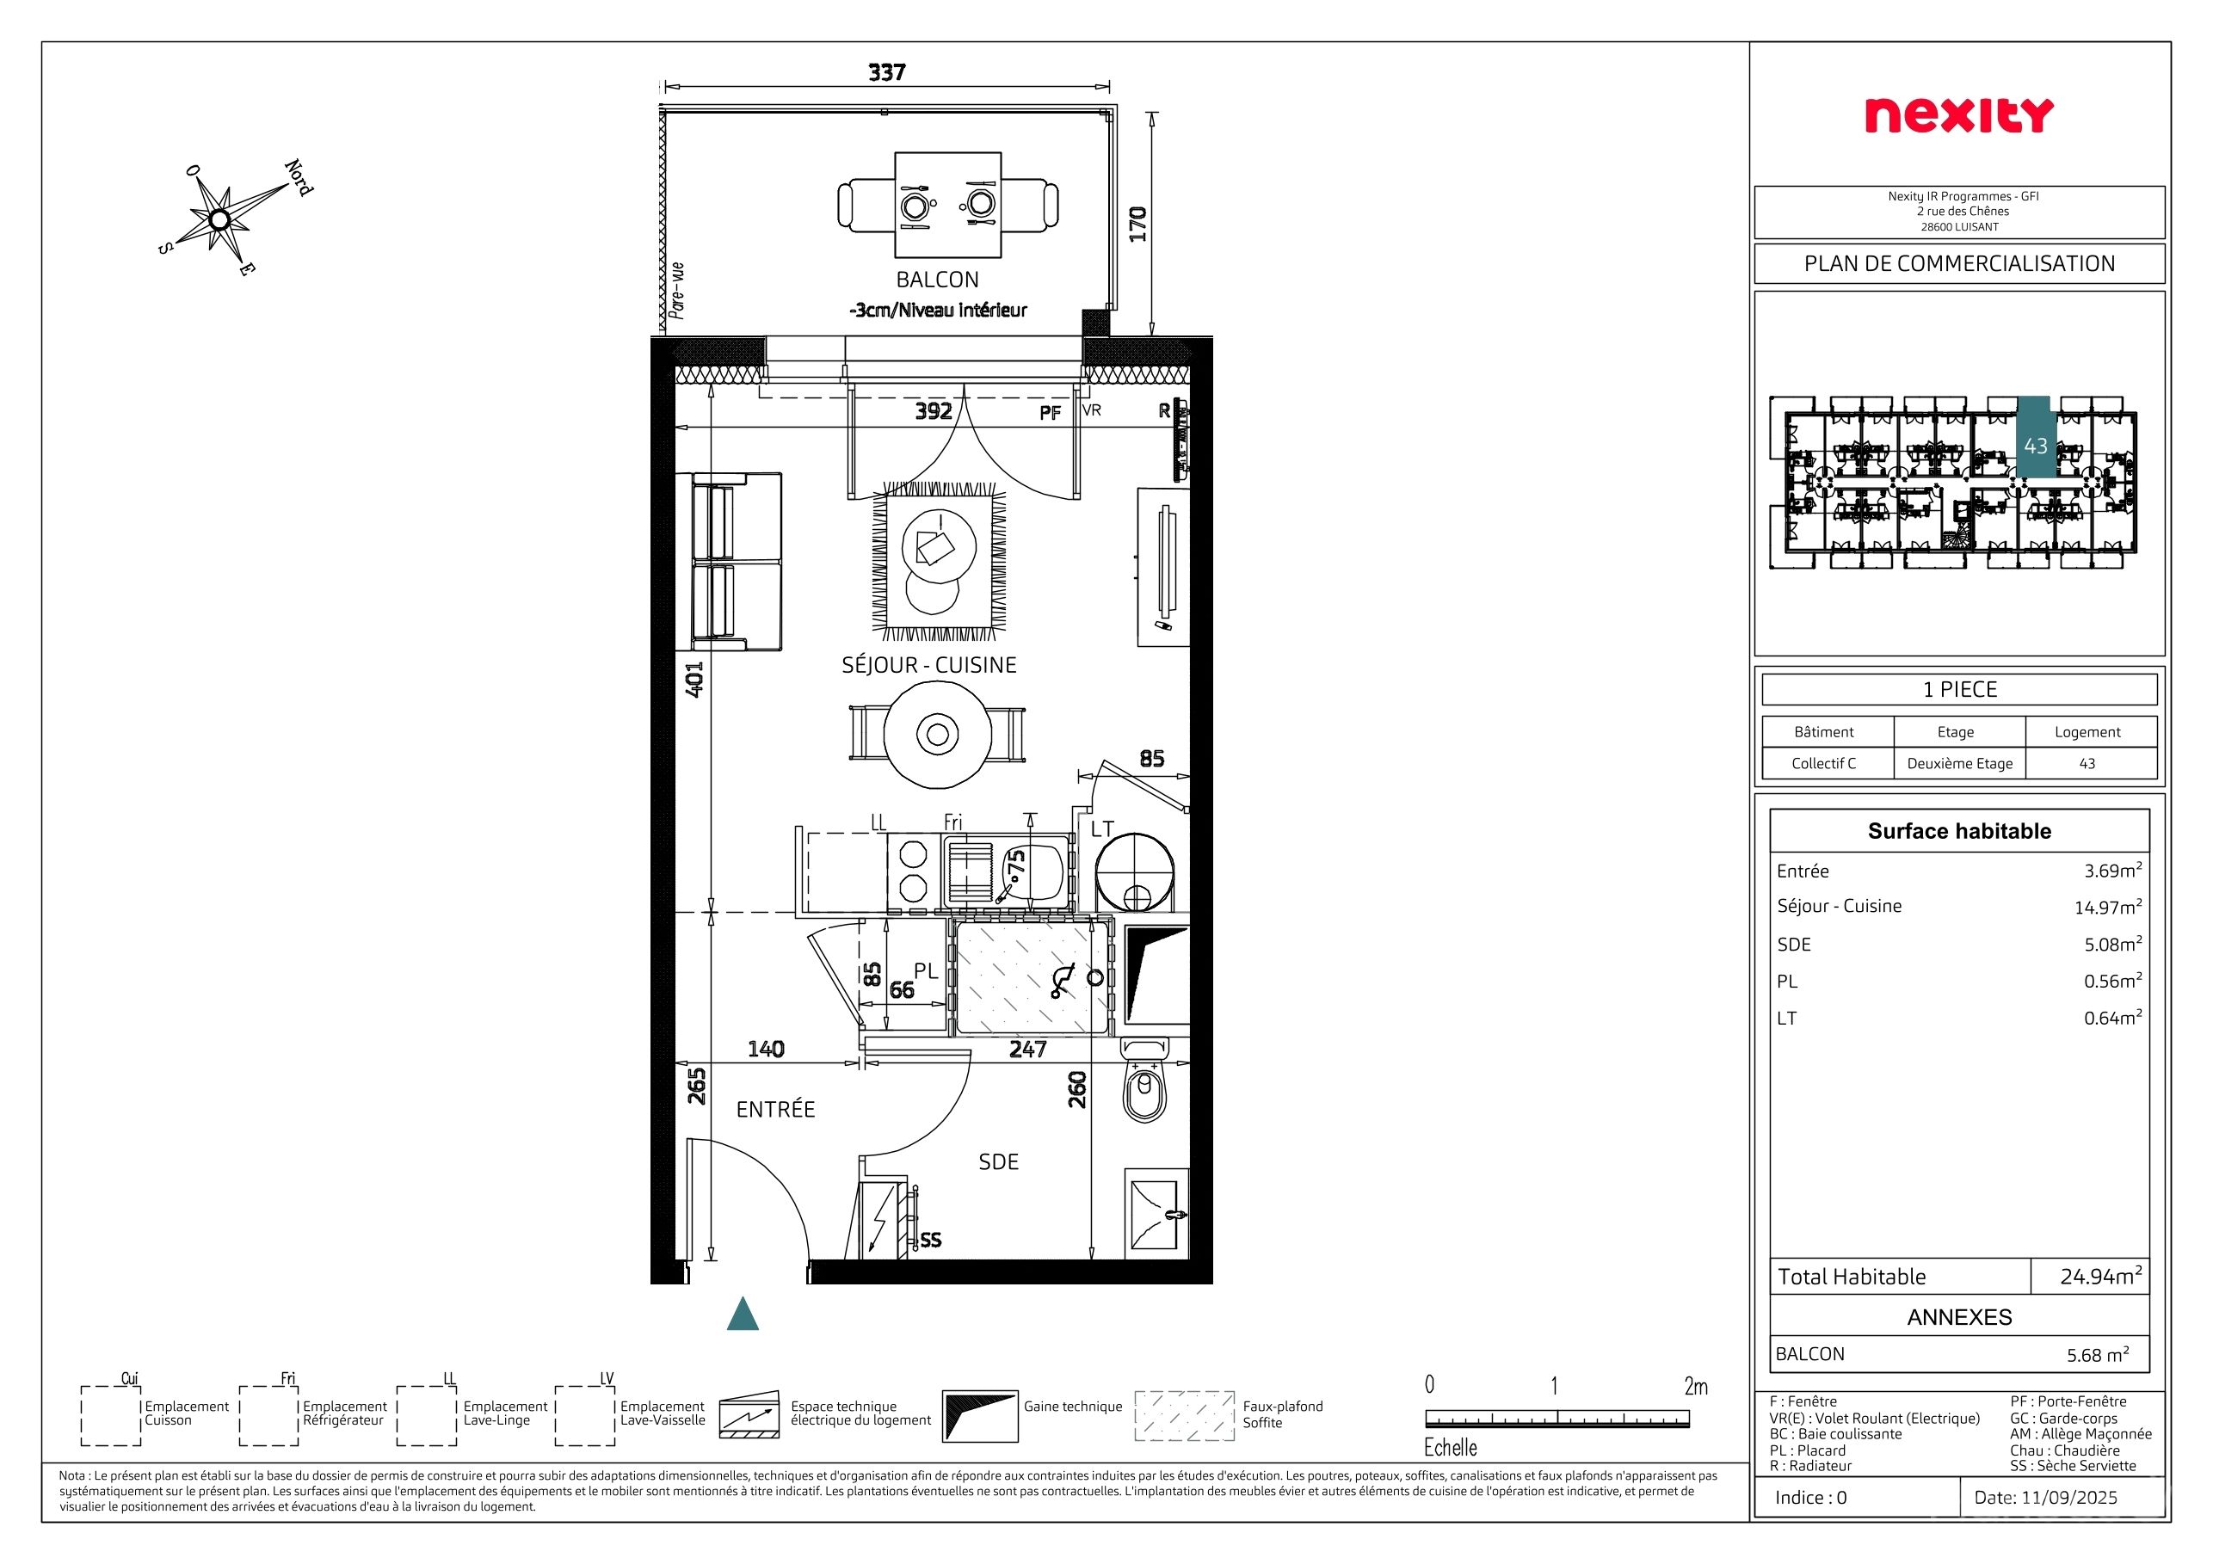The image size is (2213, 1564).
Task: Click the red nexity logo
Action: [x=1959, y=115]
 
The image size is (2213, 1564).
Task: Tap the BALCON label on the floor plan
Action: [x=937, y=280]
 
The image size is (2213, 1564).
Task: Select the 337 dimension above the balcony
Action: [x=887, y=72]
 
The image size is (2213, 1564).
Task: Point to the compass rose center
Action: [x=219, y=219]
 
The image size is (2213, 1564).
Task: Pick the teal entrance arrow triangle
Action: [x=743, y=1314]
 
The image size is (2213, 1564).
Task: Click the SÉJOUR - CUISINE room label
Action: [x=929, y=665]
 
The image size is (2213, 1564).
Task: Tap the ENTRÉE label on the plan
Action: [x=776, y=1109]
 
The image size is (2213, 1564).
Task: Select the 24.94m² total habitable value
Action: [x=2101, y=1276]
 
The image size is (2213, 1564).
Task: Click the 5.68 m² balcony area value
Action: [x=2098, y=1354]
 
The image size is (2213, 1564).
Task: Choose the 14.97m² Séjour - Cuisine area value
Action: [x=2108, y=907]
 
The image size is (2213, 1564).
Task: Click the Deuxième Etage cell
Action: [x=1959, y=763]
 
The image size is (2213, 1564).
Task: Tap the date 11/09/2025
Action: [x=2044, y=1497]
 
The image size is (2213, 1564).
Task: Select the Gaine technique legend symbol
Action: [x=979, y=1415]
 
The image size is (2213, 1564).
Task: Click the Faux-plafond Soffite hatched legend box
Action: [x=1185, y=1415]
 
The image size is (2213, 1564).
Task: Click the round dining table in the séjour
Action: [x=937, y=735]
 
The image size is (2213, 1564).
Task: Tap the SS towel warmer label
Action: [x=930, y=1240]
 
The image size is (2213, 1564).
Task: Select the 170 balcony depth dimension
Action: [x=1138, y=224]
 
